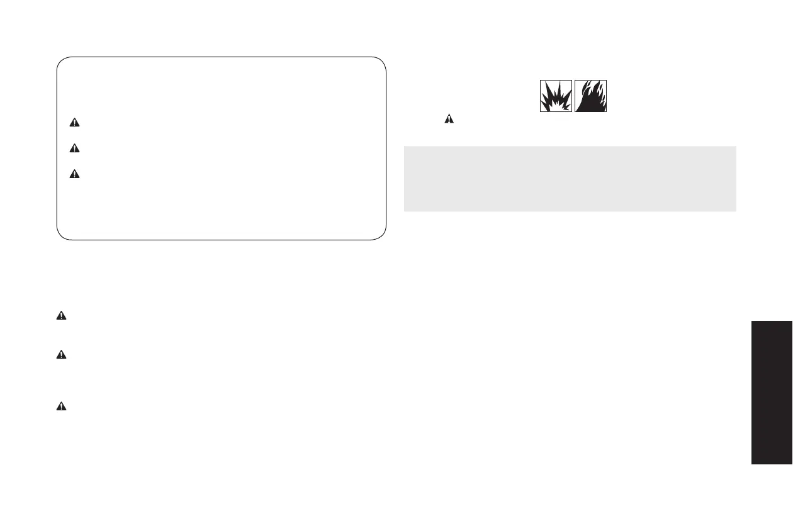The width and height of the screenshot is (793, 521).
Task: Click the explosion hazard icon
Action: (556, 96)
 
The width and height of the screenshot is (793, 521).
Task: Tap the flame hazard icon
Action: (591, 96)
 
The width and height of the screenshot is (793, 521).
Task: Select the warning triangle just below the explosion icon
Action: (449, 118)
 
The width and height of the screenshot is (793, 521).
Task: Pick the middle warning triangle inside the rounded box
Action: (75, 149)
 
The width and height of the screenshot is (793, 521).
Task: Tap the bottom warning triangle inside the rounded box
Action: (75, 174)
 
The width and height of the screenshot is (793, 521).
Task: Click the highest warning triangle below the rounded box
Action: (61, 316)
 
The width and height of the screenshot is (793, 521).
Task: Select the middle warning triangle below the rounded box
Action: (61, 355)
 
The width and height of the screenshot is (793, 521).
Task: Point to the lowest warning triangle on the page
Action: (61, 406)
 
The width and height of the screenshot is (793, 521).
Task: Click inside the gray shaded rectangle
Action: (570, 179)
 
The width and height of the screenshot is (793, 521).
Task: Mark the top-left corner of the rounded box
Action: (60, 60)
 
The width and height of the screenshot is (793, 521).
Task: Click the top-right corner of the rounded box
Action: (382, 60)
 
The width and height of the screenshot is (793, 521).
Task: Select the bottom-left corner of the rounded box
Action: (60, 237)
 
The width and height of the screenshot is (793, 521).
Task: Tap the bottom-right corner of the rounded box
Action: (382, 237)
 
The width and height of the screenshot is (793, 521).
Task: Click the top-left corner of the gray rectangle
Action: (404, 147)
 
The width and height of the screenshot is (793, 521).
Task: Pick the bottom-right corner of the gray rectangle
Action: (736, 211)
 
